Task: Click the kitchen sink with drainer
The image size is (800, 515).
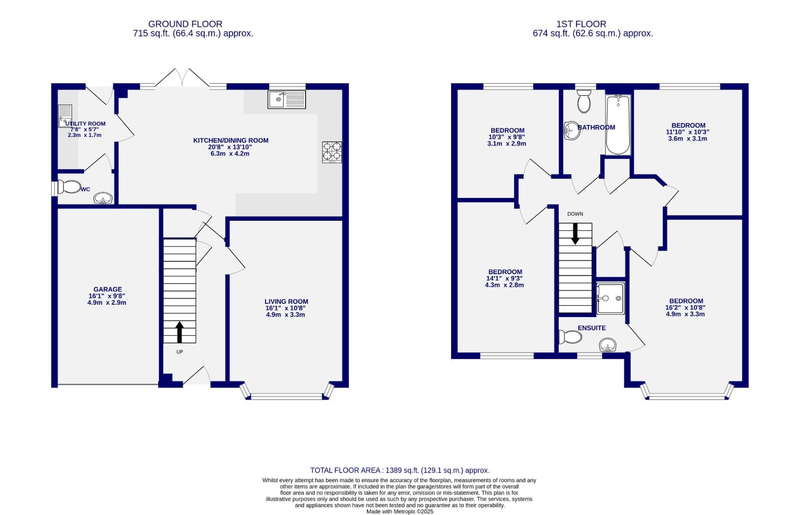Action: tap(287, 100)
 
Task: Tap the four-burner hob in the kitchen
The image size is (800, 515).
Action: tap(332, 152)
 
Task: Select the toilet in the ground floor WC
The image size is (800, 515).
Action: tap(70, 187)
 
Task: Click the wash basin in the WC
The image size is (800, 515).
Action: tap(103, 198)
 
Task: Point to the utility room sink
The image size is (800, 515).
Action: tap(65, 116)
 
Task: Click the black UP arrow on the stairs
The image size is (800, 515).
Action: tap(180, 332)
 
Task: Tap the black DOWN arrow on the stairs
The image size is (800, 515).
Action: tap(575, 233)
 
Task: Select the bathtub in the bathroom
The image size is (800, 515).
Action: tap(618, 125)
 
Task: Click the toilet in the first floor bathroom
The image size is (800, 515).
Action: tap(584, 101)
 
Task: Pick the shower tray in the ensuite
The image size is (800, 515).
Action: tap(610, 299)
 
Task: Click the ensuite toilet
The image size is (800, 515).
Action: tap(571, 338)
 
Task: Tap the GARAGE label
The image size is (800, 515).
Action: tap(108, 289)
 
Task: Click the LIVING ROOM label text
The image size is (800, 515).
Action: tap(286, 301)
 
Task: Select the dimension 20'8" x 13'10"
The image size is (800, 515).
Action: tap(231, 147)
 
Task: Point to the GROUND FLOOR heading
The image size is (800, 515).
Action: tap(185, 24)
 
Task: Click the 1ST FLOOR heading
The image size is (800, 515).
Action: tap(581, 24)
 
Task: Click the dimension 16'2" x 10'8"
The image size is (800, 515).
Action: tap(686, 308)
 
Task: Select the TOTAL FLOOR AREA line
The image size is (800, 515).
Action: tap(400, 470)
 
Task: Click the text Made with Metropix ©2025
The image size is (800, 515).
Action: tap(400, 511)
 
